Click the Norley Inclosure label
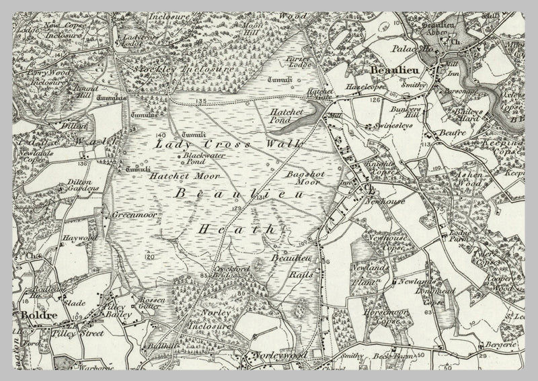[x=217, y=319]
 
